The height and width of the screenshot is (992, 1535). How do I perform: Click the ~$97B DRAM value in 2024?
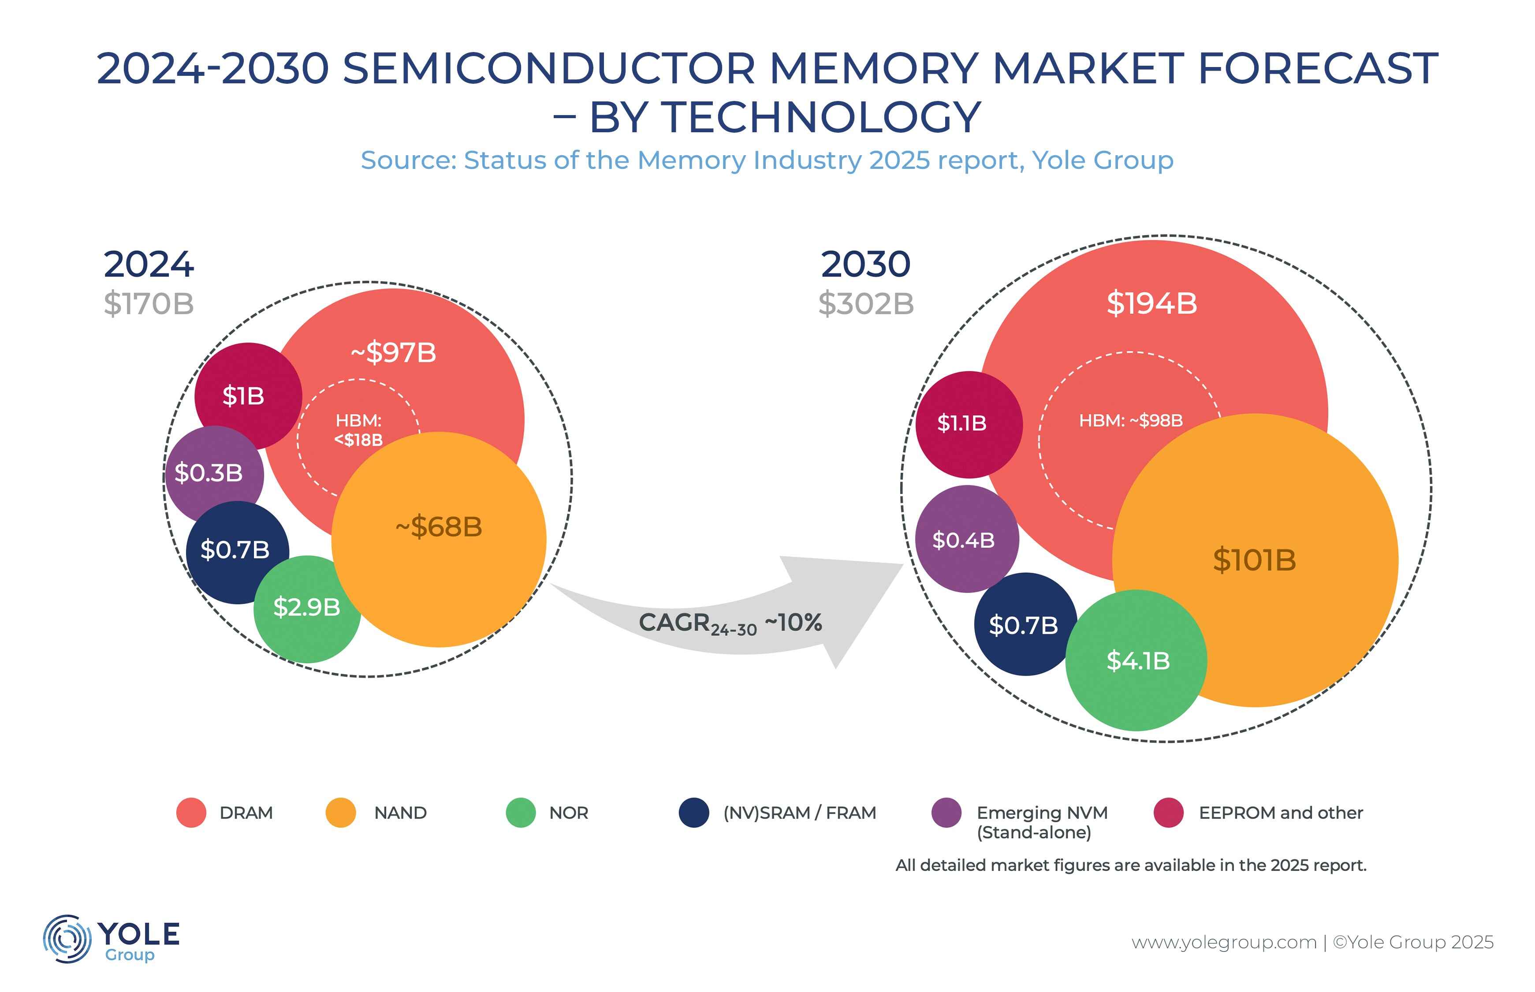pyautogui.click(x=393, y=352)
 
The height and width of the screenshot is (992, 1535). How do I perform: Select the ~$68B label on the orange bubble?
pyautogui.click(x=439, y=526)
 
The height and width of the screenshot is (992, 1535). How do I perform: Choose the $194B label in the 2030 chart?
pyautogui.click(x=1151, y=303)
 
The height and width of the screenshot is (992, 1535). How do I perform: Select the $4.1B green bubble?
pyautogui.click(x=1138, y=660)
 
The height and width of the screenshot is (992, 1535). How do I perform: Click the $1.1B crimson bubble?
pyautogui.click(x=962, y=423)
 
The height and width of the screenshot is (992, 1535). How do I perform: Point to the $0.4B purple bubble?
pyautogui.click(x=963, y=540)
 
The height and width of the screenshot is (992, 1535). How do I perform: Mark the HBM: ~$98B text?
pyautogui.click(x=1131, y=421)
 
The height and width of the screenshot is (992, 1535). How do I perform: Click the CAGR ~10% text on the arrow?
pyautogui.click(x=730, y=623)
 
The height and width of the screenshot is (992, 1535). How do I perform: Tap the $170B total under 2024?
pyautogui.click(x=149, y=303)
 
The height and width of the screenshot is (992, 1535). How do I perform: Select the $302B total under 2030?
pyautogui.click(x=866, y=303)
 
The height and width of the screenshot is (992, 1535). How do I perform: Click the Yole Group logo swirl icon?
pyautogui.click(x=66, y=939)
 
